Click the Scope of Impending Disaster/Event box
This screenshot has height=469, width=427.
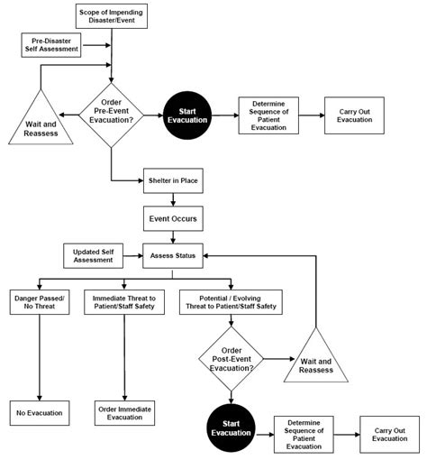pos(112,15)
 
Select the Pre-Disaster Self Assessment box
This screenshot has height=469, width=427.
pos(50,44)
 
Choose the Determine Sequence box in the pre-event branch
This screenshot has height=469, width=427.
pos(268,115)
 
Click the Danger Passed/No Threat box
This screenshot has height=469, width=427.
pos(38,302)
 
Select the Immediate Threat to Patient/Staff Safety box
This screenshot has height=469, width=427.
pos(124,302)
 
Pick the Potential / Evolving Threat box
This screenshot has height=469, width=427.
pos(231,302)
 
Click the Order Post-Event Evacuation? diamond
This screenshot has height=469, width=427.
pos(231,357)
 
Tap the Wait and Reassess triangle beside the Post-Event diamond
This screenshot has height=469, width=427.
pos(316,363)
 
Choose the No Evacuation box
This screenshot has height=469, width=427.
pos(39,412)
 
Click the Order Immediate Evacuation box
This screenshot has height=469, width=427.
pos(124,412)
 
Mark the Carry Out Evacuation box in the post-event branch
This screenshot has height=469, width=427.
pos(389,433)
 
